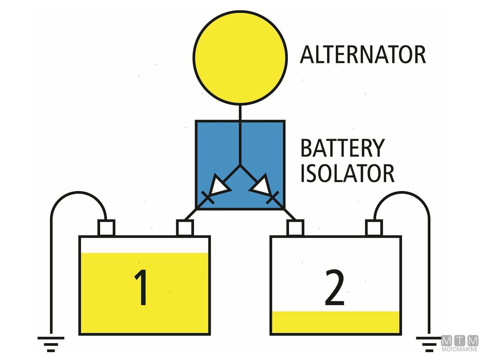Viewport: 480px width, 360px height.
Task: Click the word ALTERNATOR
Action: pos(363,55)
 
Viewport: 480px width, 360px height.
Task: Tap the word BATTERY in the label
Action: pos(342,148)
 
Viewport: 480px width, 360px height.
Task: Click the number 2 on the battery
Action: pos(334,288)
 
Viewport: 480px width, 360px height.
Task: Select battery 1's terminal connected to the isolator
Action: pos(185,228)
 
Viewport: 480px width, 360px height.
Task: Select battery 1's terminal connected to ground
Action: pos(106,228)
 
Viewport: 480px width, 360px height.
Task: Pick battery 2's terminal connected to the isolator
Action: pos(295,228)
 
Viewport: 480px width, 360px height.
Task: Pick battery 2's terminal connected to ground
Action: pos(374,228)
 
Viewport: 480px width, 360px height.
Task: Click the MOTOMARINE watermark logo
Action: pos(460,344)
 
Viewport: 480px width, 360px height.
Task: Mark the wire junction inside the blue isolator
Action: pos(240,165)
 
